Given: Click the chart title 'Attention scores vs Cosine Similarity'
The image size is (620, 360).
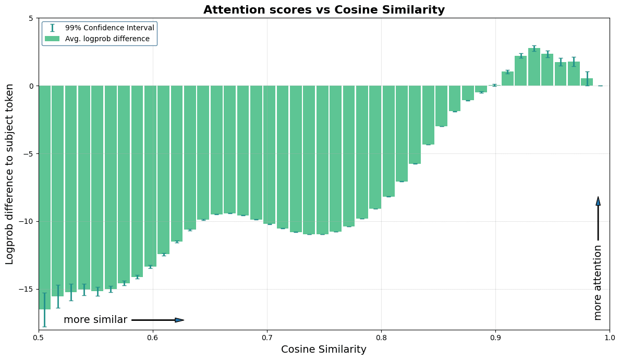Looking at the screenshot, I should (324, 10).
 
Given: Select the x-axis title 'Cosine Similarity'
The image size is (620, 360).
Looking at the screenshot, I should (324, 350).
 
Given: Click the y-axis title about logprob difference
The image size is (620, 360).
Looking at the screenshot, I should (10, 174).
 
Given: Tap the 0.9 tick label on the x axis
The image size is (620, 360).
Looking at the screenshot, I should (495, 338).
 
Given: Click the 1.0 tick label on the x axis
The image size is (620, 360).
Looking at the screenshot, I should (609, 338).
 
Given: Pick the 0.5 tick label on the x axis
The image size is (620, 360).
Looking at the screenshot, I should (39, 338).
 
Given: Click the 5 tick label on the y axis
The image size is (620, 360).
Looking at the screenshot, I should (31, 18).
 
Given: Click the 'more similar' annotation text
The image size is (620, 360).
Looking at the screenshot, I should (95, 320).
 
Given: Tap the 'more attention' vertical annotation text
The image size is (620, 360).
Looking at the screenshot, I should (598, 282).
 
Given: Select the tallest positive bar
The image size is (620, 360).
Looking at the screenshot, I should (534, 67).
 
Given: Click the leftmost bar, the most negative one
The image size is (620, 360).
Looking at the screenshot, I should (44, 198).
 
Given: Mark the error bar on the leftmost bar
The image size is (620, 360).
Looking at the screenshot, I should (44, 309).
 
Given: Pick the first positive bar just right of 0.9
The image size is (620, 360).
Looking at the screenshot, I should (507, 79).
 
